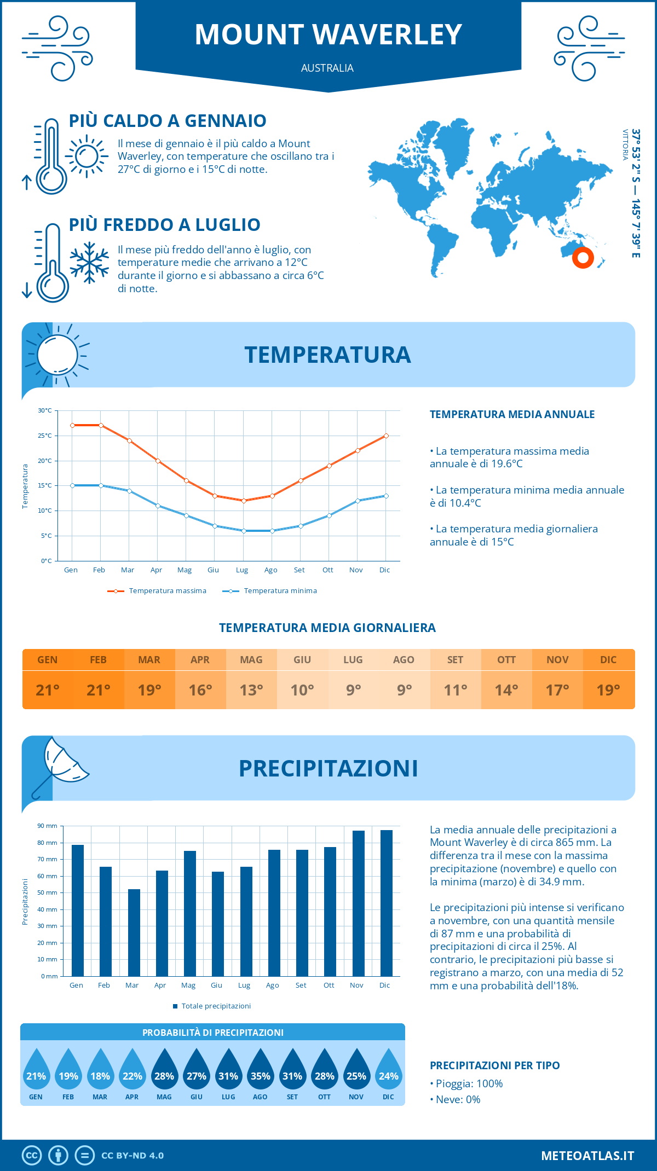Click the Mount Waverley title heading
pyautogui.click(x=328, y=34)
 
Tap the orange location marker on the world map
pyautogui.click(x=583, y=257)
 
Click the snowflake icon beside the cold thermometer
pyautogui.click(x=89, y=263)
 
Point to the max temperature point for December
pyautogui.click(x=386, y=436)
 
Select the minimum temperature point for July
pyautogui.click(x=244, y=531)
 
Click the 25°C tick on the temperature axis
pyautogui.click(x=45, y=436)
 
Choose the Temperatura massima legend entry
pyautogui.click(x=157, y=591)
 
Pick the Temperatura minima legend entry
pyautogui.click(x=270, y=591)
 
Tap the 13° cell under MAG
pyautogui.click(x=251, y=690)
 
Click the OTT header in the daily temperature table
pyautogui.click(x=506, y=660)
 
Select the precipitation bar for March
pyautogui.click(x=134, y=932)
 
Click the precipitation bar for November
pyautogui.click(x=359, y=903)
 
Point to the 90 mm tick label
pyautogui.click(x=48, y=826)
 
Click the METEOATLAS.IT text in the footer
pyautogui.click(x=587, y=1156)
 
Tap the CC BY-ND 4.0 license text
pyautogui.click(x=132, y=1156)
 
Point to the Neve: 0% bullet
pyautogui.click(x=456, y=1100)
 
